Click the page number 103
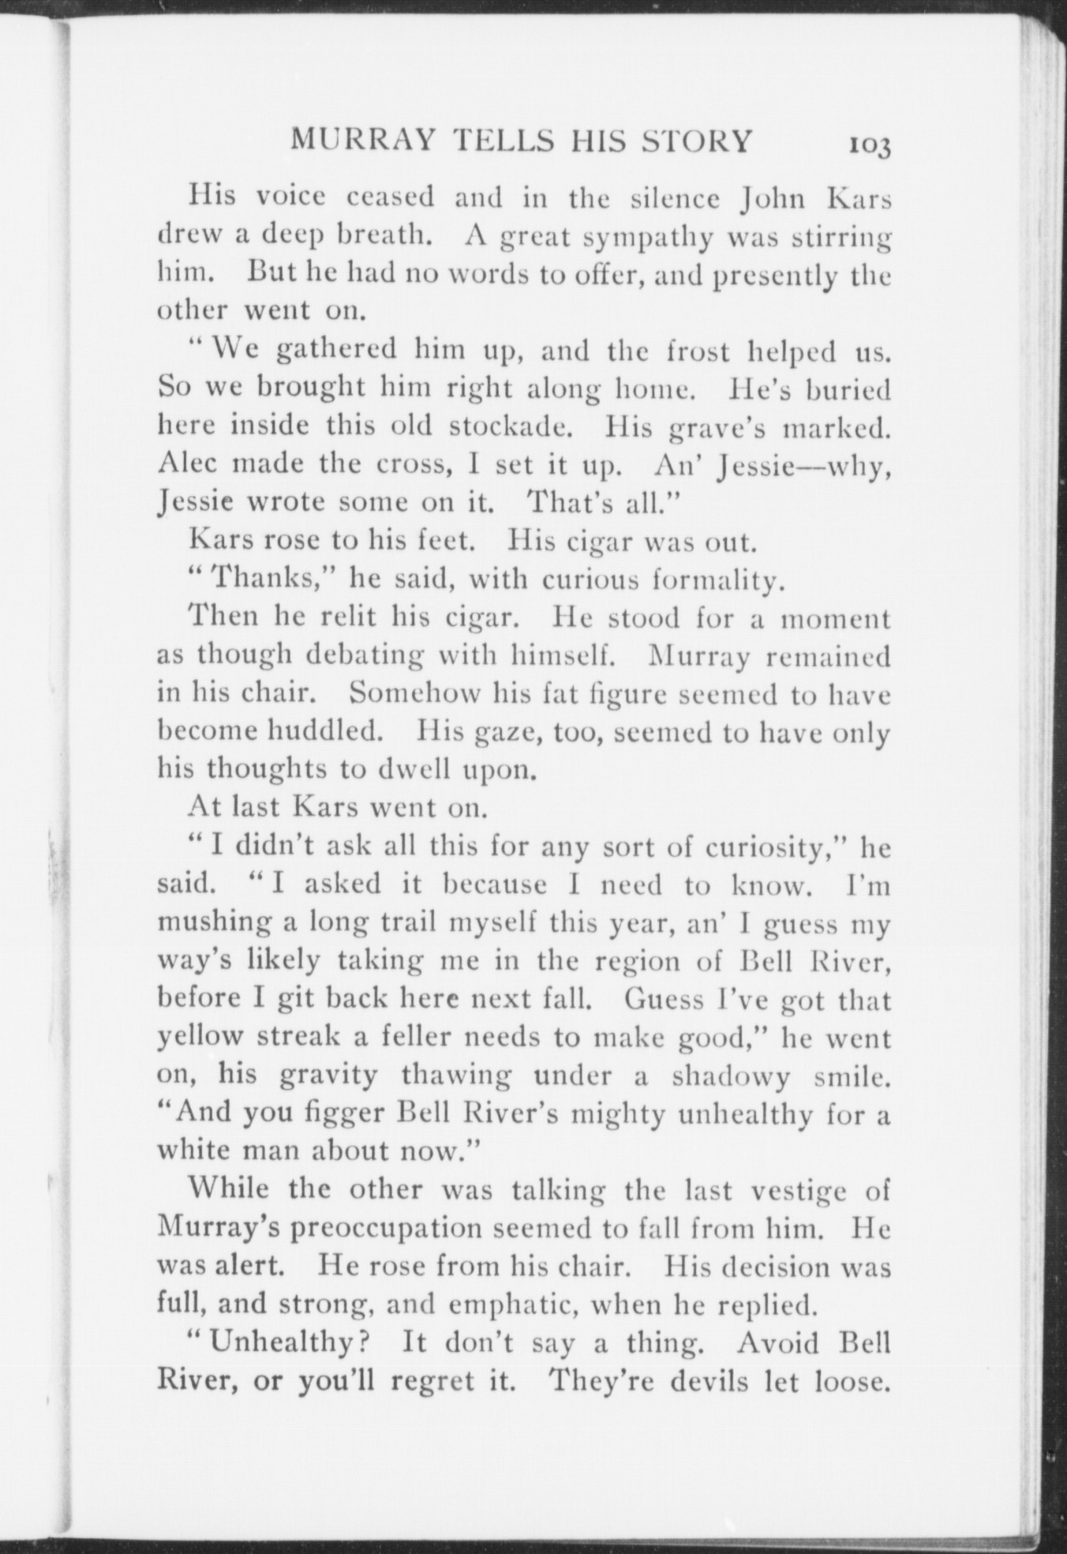(870, 146)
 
